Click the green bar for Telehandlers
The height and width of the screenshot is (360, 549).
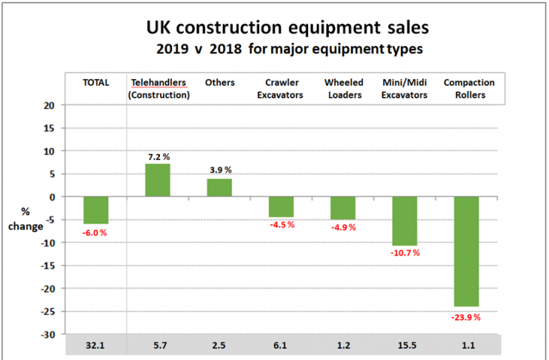(157, 180)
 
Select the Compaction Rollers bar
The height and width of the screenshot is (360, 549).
(466, 251)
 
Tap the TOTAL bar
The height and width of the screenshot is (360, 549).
(96, 210)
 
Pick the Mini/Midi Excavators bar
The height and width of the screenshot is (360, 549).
(405, 221)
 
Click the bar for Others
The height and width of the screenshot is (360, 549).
(219, 187)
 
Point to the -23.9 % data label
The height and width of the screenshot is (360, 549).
(466, 318)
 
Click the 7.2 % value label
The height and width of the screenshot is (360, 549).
(158, 158)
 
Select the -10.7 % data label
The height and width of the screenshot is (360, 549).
(405, 253)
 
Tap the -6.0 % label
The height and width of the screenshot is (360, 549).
(96, 232)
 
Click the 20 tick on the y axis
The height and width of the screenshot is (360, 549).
(49, 105)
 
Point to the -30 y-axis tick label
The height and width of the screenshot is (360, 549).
(47, 334)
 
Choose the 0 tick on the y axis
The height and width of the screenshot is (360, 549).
(52, 197)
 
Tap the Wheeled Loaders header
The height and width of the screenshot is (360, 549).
(342, 87)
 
